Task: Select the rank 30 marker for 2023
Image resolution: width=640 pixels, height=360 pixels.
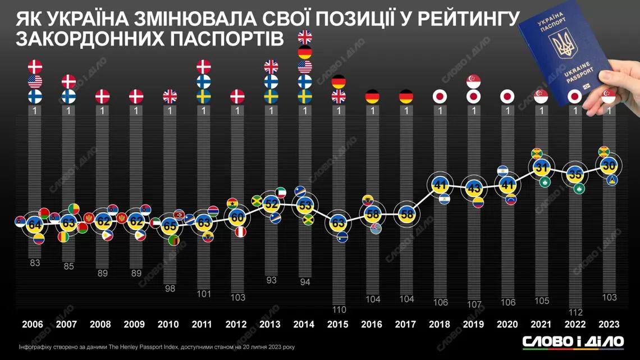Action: pos(607,165)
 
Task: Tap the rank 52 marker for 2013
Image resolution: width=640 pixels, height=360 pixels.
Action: pos(271,203)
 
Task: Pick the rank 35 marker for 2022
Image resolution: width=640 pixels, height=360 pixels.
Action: pos(574,174)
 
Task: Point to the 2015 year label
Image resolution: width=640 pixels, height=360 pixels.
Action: pos(338,325)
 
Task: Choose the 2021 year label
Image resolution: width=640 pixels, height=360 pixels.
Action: pos(540,325)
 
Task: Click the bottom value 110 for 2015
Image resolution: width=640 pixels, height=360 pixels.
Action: pos(338,309)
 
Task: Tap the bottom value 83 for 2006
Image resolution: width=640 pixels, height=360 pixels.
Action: pos(35,262)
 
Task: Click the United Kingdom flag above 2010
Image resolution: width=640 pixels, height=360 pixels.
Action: pos(170,96)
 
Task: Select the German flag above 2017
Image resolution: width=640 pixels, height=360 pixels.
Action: pos(406,96)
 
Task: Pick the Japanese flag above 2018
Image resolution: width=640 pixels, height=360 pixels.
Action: pos(440,96)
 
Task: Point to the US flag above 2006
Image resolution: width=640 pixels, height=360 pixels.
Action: pos(35,81)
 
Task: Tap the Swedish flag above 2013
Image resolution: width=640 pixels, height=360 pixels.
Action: pos(271,96)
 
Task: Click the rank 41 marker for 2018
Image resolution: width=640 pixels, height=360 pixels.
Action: pos(440,184)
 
